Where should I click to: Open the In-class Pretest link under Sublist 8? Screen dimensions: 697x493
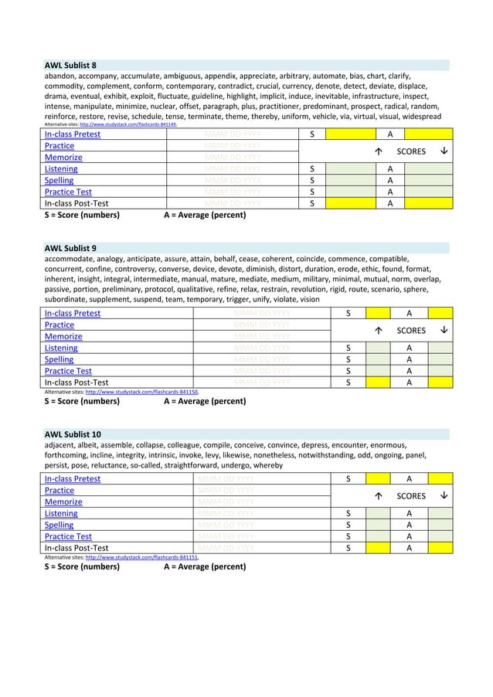click(x=72, y=134)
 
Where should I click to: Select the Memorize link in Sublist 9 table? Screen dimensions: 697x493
click(x=63, y=337)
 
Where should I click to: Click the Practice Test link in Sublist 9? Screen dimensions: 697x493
click(x=68, y=371)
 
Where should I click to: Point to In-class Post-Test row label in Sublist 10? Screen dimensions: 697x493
click(x=76, y=548)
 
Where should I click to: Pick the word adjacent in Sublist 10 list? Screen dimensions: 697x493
click(x=61, y=446)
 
